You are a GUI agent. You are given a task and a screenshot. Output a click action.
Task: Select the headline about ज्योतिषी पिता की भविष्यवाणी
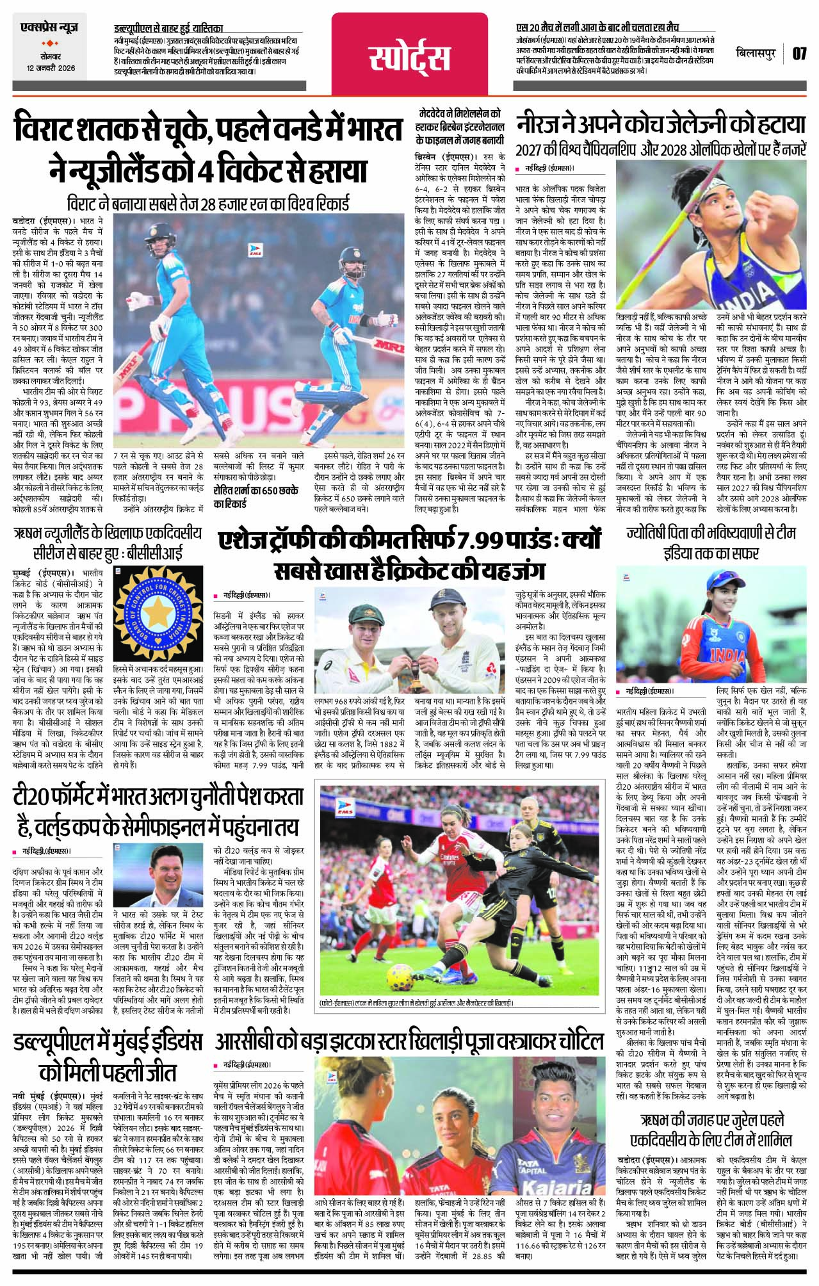point(712,541)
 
